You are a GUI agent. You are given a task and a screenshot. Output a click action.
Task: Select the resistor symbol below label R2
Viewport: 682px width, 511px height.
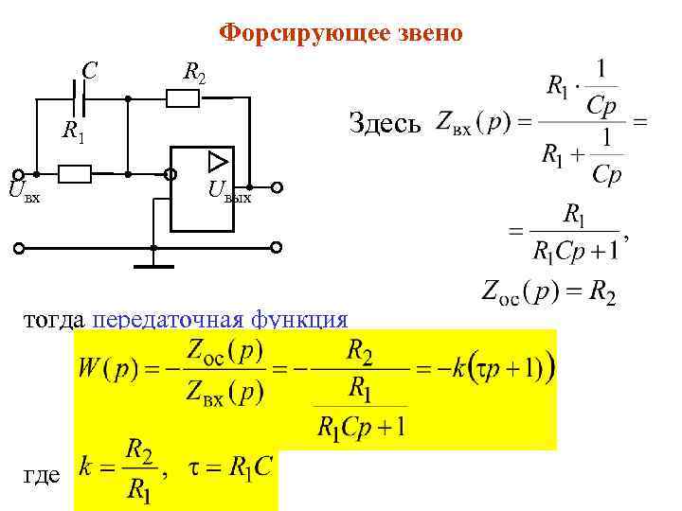(182, 96)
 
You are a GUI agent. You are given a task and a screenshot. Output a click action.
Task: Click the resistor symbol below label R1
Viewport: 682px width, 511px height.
(75, 174)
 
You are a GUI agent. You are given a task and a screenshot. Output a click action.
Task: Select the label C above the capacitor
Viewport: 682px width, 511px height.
(88, 69)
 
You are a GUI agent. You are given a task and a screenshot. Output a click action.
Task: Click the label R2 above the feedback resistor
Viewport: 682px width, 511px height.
(194, 71)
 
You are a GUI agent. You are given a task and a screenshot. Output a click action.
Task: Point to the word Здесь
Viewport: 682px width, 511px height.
(385, 122)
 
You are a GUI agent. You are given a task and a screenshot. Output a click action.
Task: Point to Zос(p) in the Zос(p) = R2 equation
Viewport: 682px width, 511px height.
(516, 292)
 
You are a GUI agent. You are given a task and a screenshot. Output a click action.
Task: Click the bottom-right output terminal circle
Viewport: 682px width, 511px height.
(277, 248)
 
